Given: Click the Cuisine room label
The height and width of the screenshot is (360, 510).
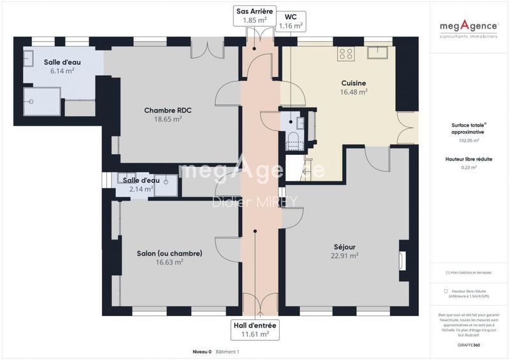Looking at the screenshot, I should click(x=353, y=82).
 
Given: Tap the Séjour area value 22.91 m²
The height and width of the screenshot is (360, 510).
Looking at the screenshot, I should click(x=344, y=256).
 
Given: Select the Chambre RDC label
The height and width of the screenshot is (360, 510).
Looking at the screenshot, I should click(x=168, y=110).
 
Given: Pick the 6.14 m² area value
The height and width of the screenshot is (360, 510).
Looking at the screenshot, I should click(x=61, y=71).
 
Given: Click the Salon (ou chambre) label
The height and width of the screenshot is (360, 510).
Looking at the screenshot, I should click(x=170, y=253).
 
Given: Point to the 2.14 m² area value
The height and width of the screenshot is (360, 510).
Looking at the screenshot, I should click(x=140, y=189).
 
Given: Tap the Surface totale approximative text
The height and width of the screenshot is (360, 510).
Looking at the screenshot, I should click(x=469, y=129).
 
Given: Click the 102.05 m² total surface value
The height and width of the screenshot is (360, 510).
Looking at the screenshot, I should click(x=469, y=141).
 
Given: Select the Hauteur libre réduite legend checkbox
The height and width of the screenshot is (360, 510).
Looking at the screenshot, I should click(x=446, y=291).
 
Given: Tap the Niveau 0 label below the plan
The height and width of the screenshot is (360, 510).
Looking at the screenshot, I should click(x=202, y=352).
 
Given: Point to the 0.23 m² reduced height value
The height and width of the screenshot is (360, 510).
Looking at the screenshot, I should click(x=469, y=168).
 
